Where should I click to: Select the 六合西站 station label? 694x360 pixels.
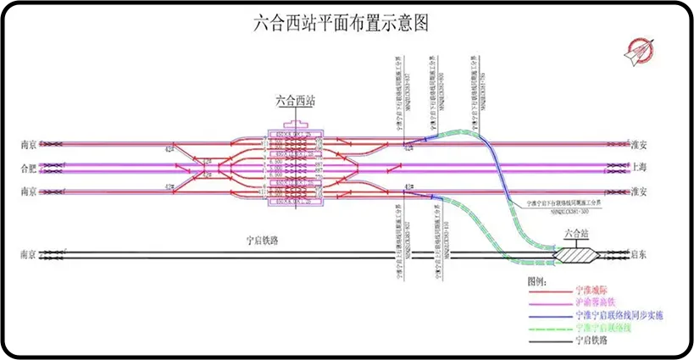pyautogui.click(x=296, y=101)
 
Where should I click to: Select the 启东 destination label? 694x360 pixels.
pyautogui.click(x=641, y=253)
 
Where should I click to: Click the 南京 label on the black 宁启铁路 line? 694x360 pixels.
pyautogui.click(x=29, y=253)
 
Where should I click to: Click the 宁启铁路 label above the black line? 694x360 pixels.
pyautogui.click(x=258, y=241)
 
